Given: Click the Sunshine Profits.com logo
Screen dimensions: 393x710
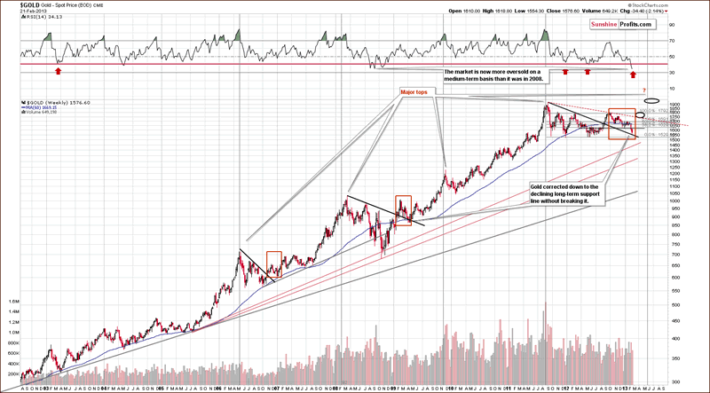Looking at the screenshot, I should point(620,23).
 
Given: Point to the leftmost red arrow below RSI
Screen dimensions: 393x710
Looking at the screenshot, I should point(59,69).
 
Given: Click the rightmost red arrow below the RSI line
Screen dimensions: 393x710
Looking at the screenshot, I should point(633,70).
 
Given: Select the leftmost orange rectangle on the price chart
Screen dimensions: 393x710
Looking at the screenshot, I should point(273,264).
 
